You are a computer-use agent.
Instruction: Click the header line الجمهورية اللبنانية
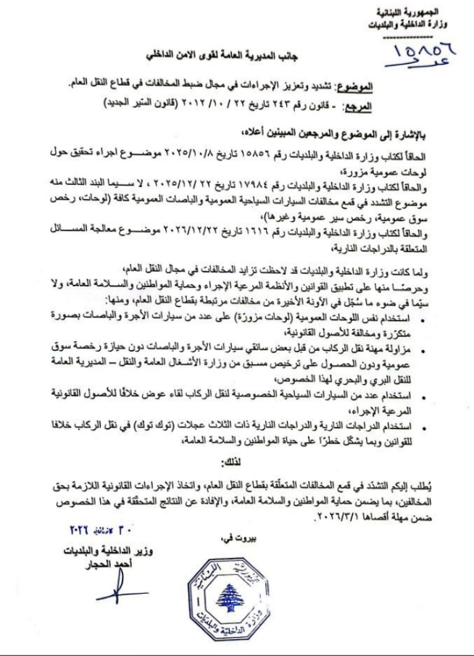pos(427,14)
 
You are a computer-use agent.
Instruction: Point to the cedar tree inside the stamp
pos(233,599)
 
